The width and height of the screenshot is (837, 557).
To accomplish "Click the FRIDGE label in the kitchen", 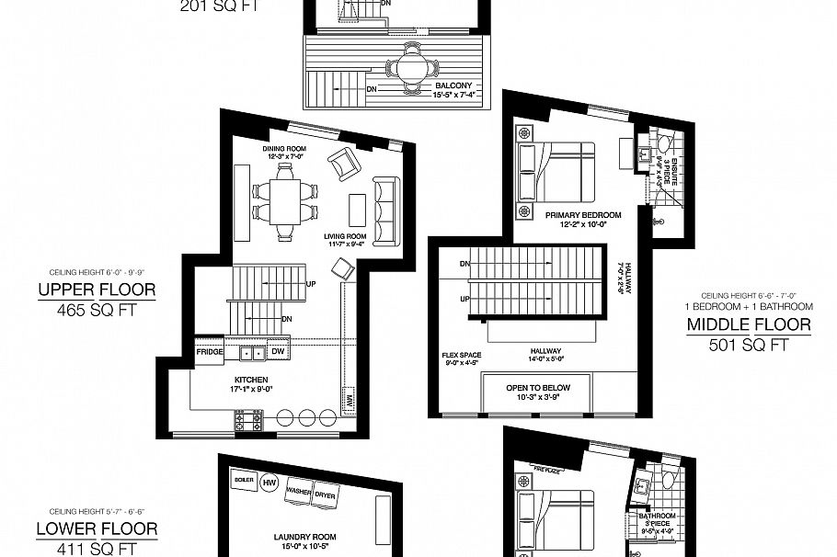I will pos(210,351).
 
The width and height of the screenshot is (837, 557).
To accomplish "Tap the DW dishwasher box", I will pos(277,352).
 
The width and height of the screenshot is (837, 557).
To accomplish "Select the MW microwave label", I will pos(350,402).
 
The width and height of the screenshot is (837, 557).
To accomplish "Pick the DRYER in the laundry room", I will pos(325,494).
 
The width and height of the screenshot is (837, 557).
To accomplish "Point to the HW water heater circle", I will pos(269,483).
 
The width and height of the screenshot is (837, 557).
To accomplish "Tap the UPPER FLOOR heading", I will pos(97,291).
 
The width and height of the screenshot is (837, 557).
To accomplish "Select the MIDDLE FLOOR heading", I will pos(749,324).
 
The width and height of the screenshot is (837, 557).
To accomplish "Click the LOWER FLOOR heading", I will pos(97,529).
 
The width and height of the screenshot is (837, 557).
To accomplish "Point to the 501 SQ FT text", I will pos(749,346).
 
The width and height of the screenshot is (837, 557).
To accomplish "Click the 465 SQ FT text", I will pos(97,311).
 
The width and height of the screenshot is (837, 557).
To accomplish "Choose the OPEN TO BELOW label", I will pos(538,388).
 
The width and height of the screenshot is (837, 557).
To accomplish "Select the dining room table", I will pos(283,201).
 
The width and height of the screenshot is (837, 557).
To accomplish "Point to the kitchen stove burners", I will pos(249,421).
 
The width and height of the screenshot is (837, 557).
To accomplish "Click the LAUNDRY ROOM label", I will pos(304,537).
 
